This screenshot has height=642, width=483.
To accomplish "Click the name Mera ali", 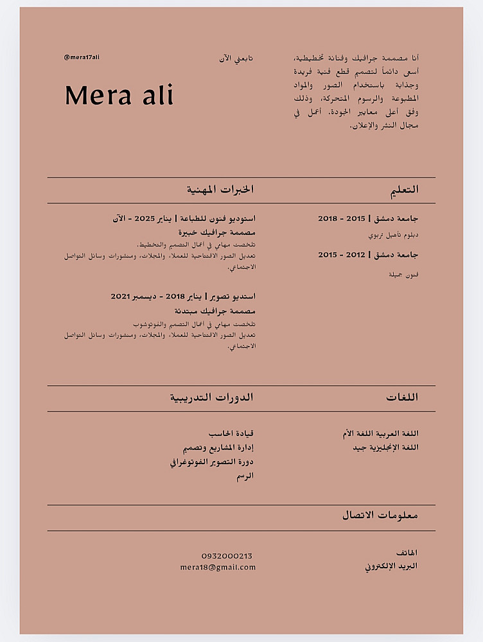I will pos(119,96).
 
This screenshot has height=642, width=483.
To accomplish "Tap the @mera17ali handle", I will pos(82,57).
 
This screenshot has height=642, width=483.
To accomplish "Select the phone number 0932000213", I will pos(227,556).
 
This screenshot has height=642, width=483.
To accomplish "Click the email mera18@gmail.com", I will pos(218,567).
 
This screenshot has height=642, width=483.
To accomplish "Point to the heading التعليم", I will pos(405,189).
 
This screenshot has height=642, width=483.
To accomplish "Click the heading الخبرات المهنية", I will pos(220,189).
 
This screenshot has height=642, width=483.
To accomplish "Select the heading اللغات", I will pos(402,397).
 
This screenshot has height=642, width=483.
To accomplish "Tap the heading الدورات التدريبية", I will pos(211,397).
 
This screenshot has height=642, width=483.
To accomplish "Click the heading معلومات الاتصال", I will pos(380,515).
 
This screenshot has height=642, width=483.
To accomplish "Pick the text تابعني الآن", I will pos(236,58).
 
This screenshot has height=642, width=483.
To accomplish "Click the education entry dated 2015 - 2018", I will pos(368,219).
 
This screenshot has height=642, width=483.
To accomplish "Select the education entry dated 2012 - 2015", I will pos(368,255).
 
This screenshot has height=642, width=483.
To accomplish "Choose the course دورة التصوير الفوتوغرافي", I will pos(212,462).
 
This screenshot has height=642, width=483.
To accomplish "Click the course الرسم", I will pos(245,476).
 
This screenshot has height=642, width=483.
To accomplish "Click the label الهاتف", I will pos(407,553).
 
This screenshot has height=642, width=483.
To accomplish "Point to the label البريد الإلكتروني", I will pos(391,566).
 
